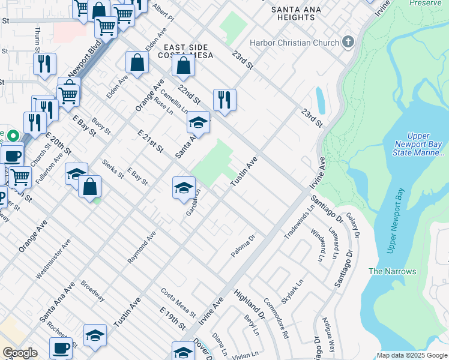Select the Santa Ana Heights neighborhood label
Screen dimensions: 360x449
tap(293, 13)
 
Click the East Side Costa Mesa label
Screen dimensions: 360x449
tap(185, 52)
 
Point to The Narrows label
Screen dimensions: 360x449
tap(393, 271)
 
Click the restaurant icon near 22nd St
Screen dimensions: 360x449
tap(224, 100)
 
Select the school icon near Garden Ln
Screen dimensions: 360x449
tap(184, 188)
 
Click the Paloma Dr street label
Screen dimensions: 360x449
tap(244, 247)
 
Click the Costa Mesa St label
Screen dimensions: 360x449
tap(178, 302)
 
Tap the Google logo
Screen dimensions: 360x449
tap(20, 353)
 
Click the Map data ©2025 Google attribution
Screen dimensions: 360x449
tap(411, 355)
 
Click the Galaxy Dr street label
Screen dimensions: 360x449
tap(352, 228)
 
